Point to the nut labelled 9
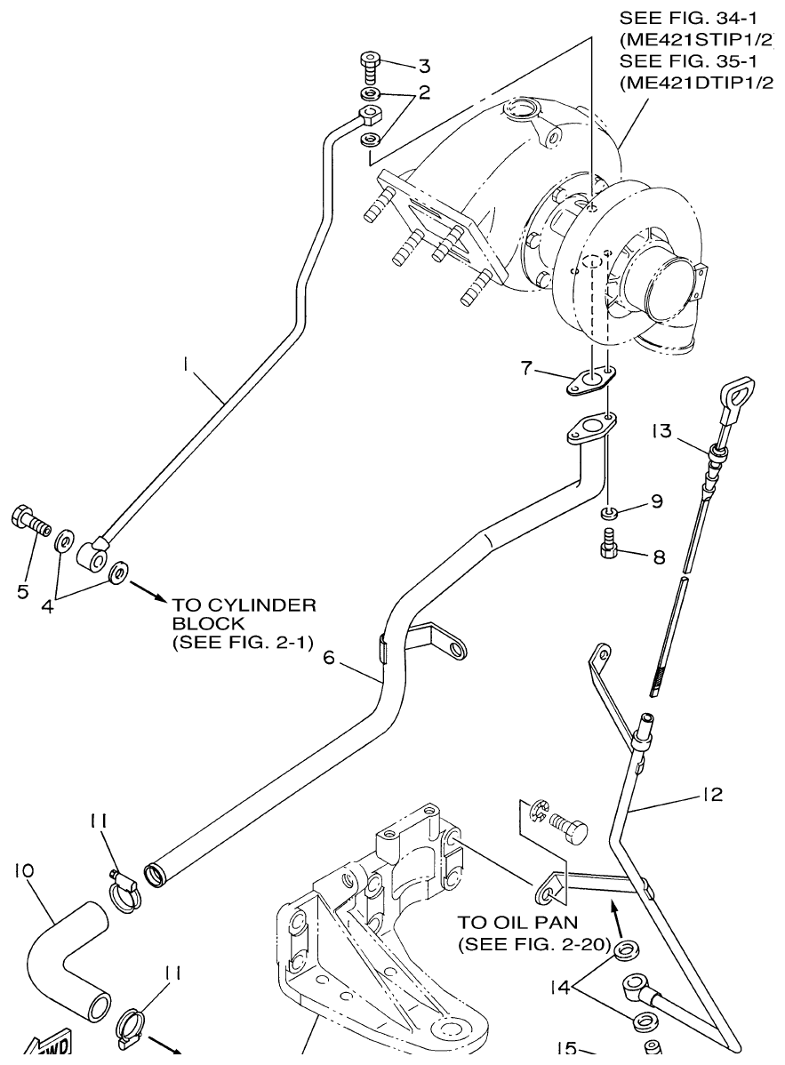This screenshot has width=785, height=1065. (609, 512)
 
